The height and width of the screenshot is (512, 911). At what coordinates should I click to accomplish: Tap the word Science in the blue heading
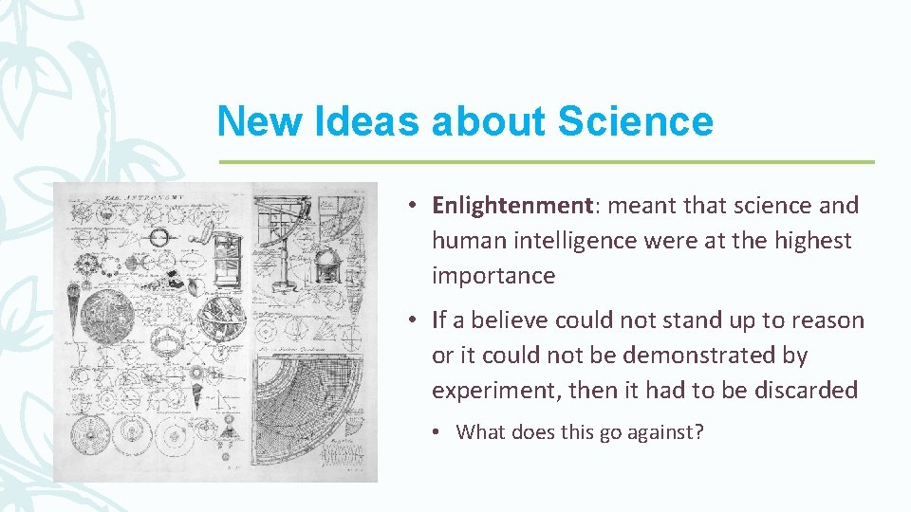pos(635,122)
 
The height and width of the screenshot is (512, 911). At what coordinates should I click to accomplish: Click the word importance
pos(493,276)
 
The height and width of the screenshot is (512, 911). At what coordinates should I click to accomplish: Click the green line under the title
pos(546,162)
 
